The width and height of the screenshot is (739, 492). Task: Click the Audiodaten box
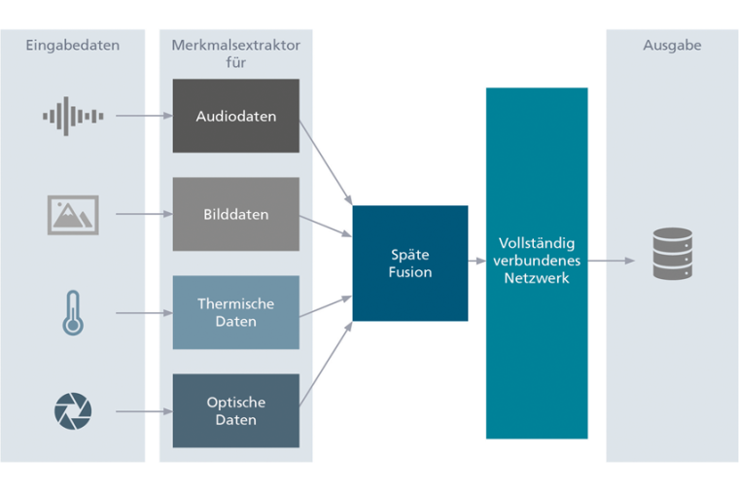coord(235,116)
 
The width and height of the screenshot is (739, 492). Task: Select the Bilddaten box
coord(235,214)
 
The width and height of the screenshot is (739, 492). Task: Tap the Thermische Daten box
coord(235,312)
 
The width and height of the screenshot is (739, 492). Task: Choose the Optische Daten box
coord(235,410)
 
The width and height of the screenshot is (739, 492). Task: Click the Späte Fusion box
coord(409,263)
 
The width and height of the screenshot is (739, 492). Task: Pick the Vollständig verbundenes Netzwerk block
coord(537,263)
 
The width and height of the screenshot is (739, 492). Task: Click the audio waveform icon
coord(73,116)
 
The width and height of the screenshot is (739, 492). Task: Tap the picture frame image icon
coord(73,214)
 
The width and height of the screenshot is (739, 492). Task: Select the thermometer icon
coord(73,313)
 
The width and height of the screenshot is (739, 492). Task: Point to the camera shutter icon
coord(73,411)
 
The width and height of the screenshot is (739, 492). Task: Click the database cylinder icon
coord(673,254)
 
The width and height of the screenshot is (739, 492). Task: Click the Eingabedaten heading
coord(72,46)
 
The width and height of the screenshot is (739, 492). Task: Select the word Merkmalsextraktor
coord(235,46)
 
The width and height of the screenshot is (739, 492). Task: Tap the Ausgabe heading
coord(672,46)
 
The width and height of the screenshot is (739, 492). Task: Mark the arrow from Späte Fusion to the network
coord(476,262)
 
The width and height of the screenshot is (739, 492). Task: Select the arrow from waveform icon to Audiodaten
coord(143,116)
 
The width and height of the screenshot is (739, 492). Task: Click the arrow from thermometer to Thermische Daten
coord(143,313)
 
